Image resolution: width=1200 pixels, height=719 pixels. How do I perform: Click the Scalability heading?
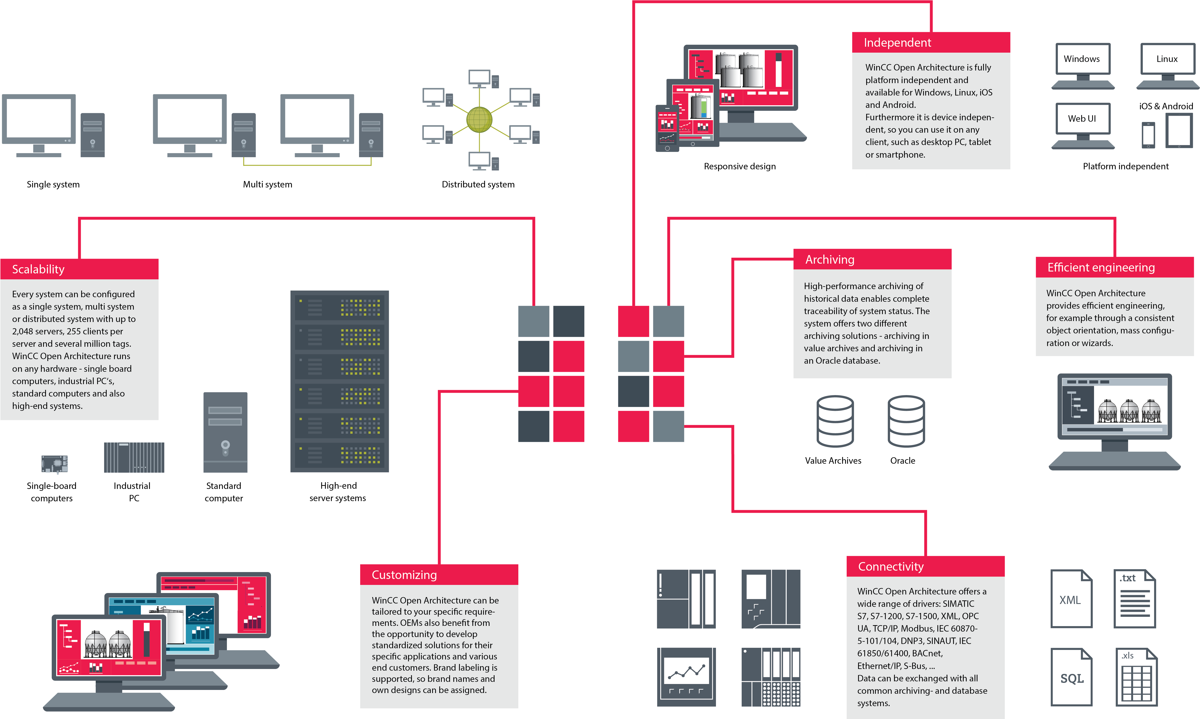click(38, 269)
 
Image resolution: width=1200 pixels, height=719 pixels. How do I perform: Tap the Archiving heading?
click(830, 260)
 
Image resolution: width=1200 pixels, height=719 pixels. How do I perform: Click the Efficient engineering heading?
click(1101, 267)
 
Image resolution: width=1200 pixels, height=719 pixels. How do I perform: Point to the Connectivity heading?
click(890, 566)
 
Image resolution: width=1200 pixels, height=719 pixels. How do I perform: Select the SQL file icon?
click(1071, 677)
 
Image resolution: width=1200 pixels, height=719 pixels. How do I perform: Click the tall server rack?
click(340, 381)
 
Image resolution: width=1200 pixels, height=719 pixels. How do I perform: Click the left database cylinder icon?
click(835, 421)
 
